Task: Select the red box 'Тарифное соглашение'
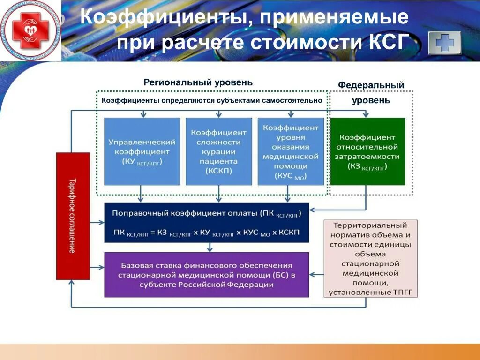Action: pyautogui.click(x=73, y=216)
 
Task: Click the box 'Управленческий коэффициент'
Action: pyautogui.click(x=142, y=151)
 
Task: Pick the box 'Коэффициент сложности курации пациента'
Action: pyautogui.click(x=218, y=151)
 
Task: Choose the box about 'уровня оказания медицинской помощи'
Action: pyautogui.click(x=291, y=151)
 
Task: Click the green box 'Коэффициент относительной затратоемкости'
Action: pyautogui.click(x=367, y=151)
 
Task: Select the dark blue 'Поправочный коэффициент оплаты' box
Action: pyautogui.click(x=207, y=222)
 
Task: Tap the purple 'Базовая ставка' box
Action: pyautogui.click(x=207, y=275)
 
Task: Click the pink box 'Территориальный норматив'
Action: pyautogui.click(x=370, y=258)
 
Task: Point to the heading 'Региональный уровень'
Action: pyautogui.click(x=198, y=82)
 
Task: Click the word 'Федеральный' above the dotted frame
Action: pyautogui.click(x=371, y=85)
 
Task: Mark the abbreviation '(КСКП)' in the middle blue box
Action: pyautogui.click(x=218, y=171)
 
